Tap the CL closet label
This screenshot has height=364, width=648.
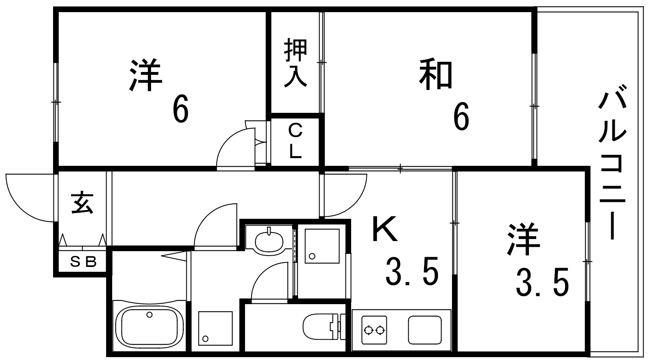click(295, 140)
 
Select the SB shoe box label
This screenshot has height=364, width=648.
click(83, 262)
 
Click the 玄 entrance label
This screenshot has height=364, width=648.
click(83, 203)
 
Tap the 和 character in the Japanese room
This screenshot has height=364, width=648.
click(436, 74)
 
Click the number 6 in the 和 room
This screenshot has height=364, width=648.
click(461, 119)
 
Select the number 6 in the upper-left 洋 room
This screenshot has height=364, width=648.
click(181, 112)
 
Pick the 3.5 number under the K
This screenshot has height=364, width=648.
click(412, 273)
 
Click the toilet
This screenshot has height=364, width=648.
click(324, 326)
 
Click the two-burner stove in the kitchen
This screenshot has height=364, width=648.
click(374, 330)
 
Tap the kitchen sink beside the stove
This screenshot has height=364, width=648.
click(425, 330)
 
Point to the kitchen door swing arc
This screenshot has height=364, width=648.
click(345, 195)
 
